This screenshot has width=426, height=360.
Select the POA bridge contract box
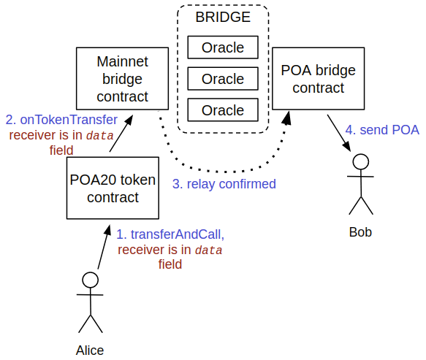(318, 79)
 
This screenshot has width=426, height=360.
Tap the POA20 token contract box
(113, 188)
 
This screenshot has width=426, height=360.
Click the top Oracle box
(223, 48)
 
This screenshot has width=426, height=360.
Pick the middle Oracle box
(223, 79)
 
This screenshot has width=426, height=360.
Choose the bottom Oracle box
(223, 110)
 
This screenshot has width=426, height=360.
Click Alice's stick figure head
(90, 280)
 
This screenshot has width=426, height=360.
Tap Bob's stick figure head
(360, 162)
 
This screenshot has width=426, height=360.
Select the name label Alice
(90, 350)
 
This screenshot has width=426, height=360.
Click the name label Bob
(360, 232)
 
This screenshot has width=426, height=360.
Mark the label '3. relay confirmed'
(224, 184)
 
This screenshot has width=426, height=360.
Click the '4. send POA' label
(382, 130)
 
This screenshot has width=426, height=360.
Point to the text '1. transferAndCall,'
(170, 234)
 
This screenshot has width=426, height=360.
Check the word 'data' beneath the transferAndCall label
(210, 250)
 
